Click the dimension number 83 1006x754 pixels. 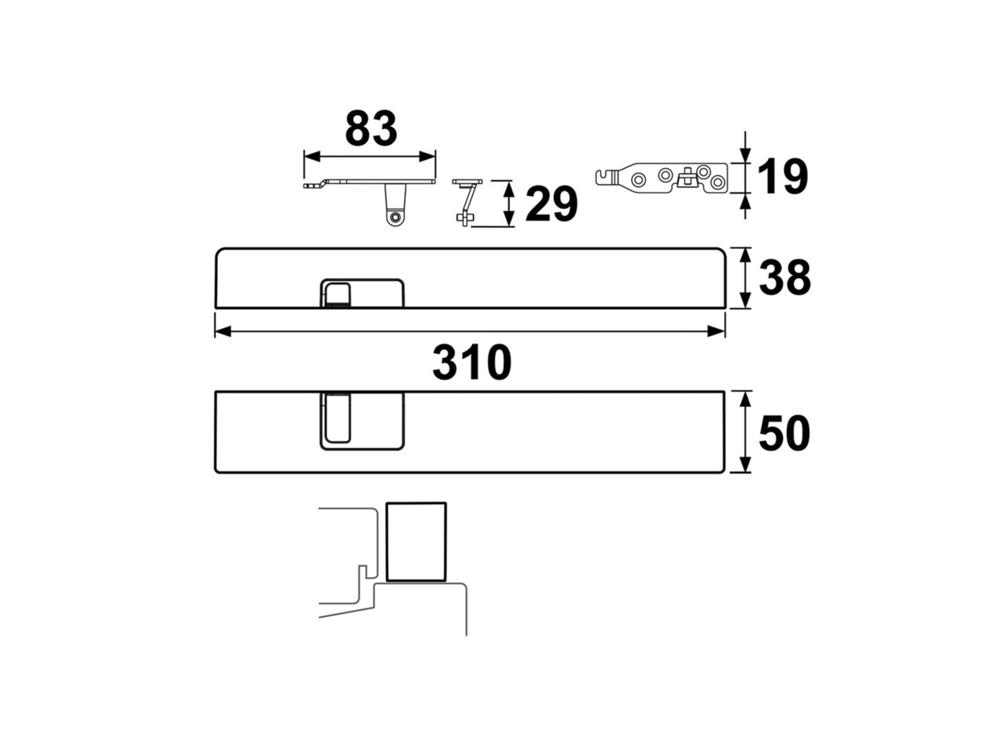[x=371, y=129]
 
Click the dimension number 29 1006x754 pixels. [x=551, y=204]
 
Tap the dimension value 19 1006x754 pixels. [x=782, y=176]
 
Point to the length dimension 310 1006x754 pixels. [x=472, y=362]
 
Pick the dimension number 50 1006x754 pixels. [x=784, y=433]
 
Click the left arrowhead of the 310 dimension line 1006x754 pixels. [x=223, y=331]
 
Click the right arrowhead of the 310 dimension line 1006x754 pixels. [x=716, y=331]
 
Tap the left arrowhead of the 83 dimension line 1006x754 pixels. [x=312, y=157]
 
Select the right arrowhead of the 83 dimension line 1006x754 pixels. [x=427, y=157]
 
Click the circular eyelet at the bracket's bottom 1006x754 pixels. [x=395, y=218]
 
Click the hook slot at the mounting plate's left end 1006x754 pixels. [x=605, y=177]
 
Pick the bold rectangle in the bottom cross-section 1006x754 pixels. [x=416, y=542]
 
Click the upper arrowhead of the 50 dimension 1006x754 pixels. [x=745, y=399]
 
